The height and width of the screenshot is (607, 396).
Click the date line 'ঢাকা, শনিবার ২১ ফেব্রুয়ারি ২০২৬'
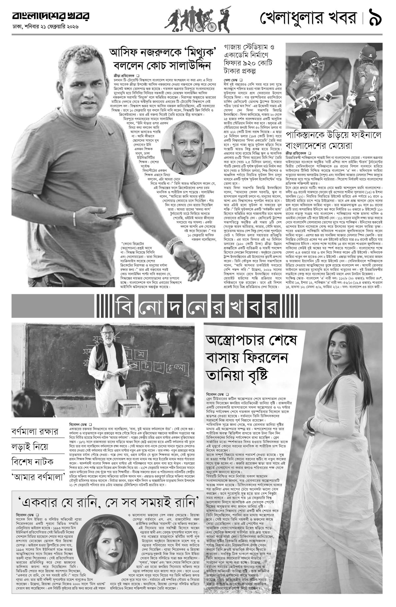click(x=46, y=27)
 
